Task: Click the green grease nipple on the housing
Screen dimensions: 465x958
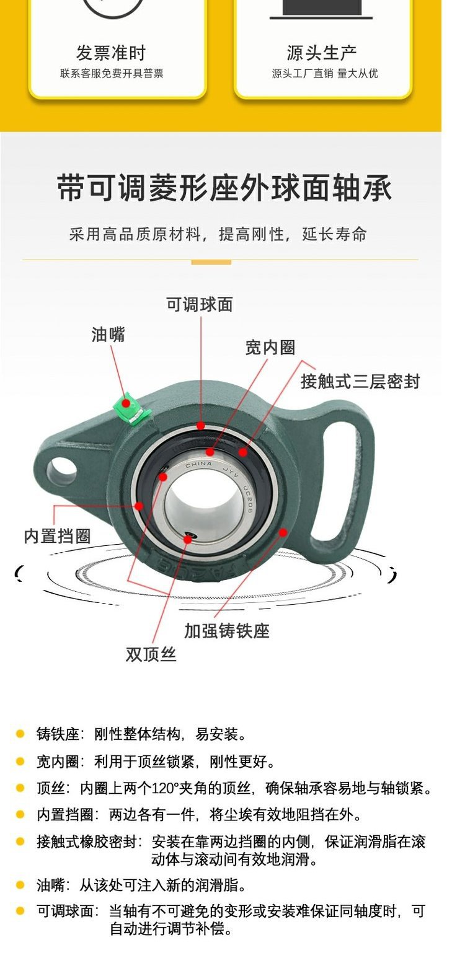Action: [x=128, y=406]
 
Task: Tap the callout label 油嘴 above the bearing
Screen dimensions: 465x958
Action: [x=108, y=335]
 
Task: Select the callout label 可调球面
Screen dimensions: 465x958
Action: [x=200, y=304]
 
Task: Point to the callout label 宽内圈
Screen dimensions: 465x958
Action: [x=270, y=348]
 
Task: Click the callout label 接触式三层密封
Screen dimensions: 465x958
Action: [x=360, y=381]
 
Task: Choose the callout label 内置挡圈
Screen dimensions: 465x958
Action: [x=57, y=536]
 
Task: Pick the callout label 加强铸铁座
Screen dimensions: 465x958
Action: [x=227, y=631]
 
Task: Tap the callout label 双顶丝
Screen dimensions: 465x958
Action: [x=151, y=654]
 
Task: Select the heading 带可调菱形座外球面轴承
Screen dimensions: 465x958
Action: [x=224, y=187]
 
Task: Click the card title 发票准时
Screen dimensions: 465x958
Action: [x=111, y=53]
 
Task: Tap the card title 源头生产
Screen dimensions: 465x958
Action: [x=322, y=53]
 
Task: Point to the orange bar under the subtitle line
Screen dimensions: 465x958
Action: [x=211, y=262]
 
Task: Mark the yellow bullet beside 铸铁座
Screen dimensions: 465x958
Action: [x=20, y=734]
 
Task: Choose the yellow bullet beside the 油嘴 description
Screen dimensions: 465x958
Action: [x=20, y=885]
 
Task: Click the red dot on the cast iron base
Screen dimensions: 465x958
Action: [x=283, y=532]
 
